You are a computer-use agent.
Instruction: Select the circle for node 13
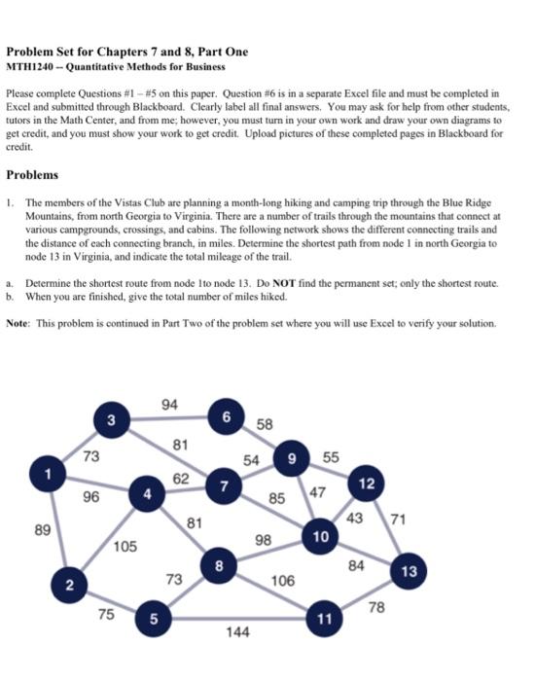[410, 571]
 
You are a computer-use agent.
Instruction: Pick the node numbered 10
[320, 536]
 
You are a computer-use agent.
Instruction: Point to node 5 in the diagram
[154, 617]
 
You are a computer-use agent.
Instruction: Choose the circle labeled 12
[366, 484]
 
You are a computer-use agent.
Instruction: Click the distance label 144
[237, 632]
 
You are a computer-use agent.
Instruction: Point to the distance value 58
[266, 424]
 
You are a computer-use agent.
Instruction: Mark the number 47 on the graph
[319, 492]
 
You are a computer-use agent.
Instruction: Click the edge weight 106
[283, 581]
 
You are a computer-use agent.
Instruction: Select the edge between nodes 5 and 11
[237, 618]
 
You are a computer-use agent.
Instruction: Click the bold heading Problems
[32, 175]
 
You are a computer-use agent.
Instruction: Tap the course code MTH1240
[27, 67]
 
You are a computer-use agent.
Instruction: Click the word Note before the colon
[19, 322]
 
